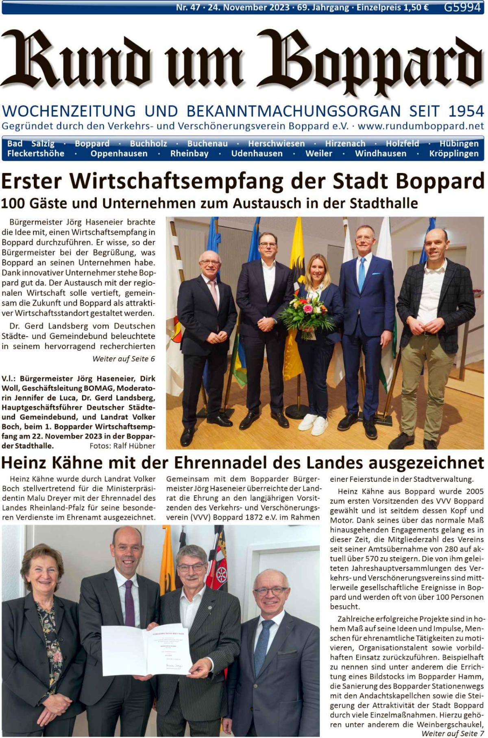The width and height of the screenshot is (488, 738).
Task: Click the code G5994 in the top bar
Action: [462, 7]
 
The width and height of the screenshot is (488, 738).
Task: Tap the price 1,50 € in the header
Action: [414, 7]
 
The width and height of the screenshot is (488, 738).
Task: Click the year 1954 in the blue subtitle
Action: [466, 111]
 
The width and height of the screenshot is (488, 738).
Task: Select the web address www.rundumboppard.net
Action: [421, 126]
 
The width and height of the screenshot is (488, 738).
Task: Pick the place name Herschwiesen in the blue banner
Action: [276, 144]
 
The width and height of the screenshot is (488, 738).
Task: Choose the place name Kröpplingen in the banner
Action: [453, 154]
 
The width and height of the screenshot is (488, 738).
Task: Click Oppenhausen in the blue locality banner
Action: [119, 154]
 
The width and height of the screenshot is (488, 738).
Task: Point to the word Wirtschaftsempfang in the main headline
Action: [176, 181]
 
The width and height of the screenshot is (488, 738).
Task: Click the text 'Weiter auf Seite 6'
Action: [124, 359]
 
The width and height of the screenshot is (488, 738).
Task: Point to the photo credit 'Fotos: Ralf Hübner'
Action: [122, 446]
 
